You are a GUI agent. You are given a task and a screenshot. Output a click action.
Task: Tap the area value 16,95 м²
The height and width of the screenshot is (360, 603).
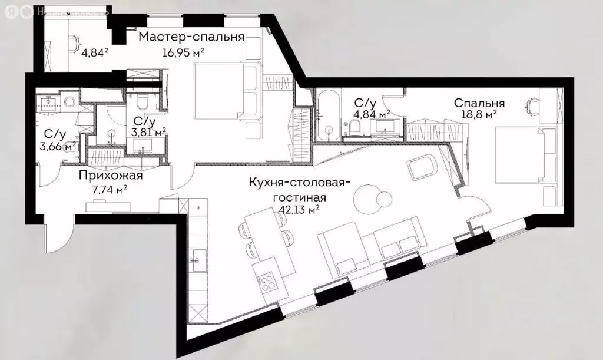point(183,52)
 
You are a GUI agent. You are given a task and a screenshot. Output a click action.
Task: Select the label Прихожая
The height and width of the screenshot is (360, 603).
point(111,175)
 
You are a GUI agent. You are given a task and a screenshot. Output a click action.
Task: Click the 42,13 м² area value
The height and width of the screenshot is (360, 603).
point(300,208)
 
